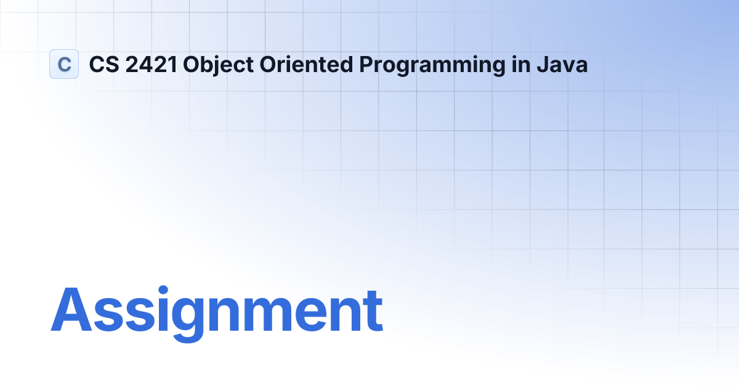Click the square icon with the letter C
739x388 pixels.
click(x=64, y=64)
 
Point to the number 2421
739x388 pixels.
click(x=151, y=65)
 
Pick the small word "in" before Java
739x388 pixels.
click(x=519, y=65)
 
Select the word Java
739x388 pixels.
click(x=561, y=65)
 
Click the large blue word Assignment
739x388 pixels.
click(x=216, y=311)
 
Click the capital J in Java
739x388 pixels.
click(x=539, y=65)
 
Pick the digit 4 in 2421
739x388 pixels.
click(x=145, y=65)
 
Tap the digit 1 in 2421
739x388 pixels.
click(x=174, y=65)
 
